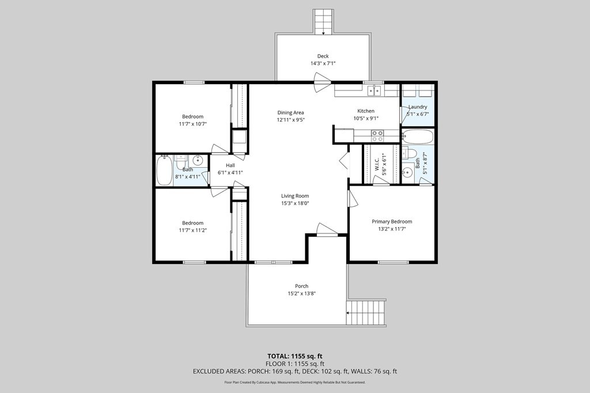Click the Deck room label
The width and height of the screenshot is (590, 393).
323,56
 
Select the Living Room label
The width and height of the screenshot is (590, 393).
295,196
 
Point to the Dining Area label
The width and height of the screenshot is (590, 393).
290,112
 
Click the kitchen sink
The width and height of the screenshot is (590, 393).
375,90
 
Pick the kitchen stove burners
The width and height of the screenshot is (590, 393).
377,136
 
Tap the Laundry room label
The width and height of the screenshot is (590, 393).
418,107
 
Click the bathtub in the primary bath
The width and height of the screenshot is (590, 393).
418,137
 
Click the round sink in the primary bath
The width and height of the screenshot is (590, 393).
407,173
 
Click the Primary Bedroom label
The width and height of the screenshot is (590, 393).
392,222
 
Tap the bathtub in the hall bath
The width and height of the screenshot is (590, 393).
164,171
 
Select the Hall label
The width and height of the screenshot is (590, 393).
230,165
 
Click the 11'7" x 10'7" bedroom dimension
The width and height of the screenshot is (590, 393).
193,124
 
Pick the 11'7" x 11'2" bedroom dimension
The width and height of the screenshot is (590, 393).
193,230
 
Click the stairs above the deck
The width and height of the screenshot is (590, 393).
323,22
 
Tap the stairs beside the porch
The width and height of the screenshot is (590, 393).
366,313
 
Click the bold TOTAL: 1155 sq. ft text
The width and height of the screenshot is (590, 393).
295,356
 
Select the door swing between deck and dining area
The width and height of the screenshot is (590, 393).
322,82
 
